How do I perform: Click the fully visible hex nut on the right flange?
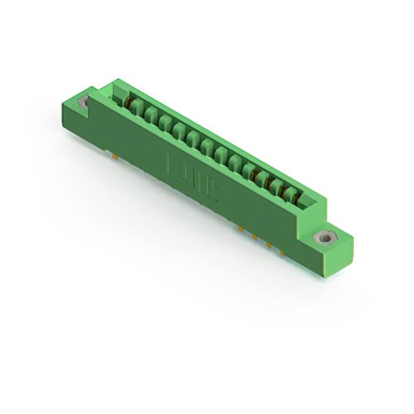(x=325, y=238)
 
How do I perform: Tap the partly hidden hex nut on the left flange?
(x=83, y=102)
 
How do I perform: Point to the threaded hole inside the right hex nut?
(x=325, y=238)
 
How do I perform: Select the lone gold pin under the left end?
(x=113, y=156)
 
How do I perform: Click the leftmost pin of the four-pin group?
(x=240, y=229)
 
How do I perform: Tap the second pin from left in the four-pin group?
(x=254, y=237)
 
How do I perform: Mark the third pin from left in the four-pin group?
(x=268, y=244)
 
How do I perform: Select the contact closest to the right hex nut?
(x=290, y=192)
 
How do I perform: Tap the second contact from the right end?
(x=276, y=185)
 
